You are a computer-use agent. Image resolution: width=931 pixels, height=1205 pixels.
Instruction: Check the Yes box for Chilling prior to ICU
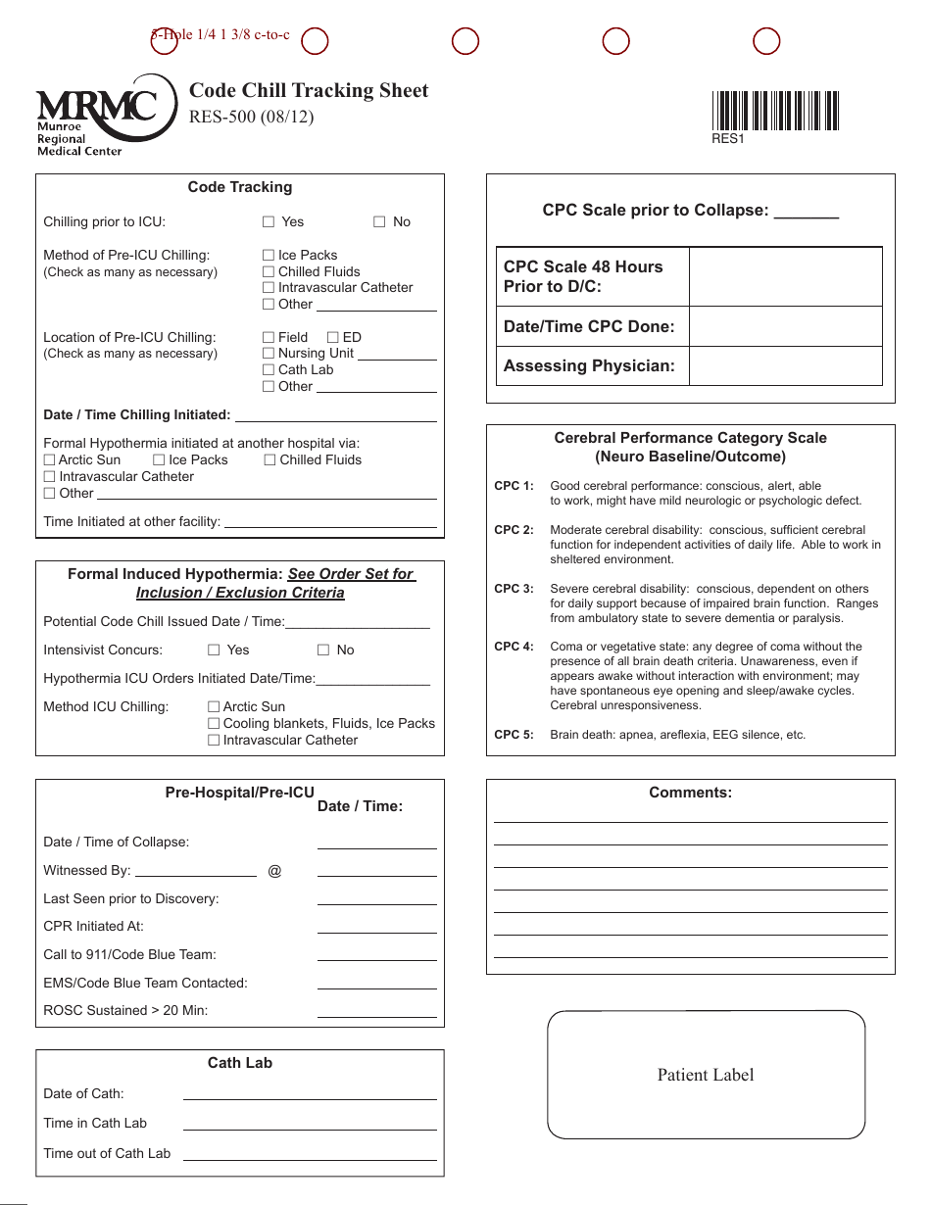(x=269, y=222)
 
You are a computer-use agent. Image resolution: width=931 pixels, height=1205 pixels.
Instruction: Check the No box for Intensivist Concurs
(x=323, y=651)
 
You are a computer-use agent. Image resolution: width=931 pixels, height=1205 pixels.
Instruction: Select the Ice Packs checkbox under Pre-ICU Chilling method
(x=269, y=255)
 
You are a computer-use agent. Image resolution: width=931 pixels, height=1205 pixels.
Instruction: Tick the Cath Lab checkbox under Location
(x=269, y=370)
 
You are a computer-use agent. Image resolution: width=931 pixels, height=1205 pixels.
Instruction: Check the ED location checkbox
(x=333, y=337)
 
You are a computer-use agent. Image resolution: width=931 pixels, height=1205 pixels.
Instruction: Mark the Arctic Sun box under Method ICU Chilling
(x=214, y=706)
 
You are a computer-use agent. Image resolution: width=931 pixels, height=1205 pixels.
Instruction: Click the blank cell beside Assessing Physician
(x=785, y=366)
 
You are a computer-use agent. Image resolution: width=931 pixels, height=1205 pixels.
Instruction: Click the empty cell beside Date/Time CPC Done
(x=785, y=327)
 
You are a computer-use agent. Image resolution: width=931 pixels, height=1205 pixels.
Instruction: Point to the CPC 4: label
(x=514, y=647)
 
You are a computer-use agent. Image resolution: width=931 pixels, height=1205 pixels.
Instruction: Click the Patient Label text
(x=706, y=1075)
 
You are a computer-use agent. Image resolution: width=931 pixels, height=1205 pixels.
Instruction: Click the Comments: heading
(x=690, y=793)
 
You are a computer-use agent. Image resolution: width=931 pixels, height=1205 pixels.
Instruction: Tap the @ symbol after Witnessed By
(x=274, y=870)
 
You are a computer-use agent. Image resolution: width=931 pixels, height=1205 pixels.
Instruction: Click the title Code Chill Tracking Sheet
(x=309, y=90)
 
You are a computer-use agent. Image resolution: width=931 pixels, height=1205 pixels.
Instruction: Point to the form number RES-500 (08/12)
(x=251, y=118)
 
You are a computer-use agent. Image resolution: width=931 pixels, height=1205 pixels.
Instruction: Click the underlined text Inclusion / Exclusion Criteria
(x=240, y=593)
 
